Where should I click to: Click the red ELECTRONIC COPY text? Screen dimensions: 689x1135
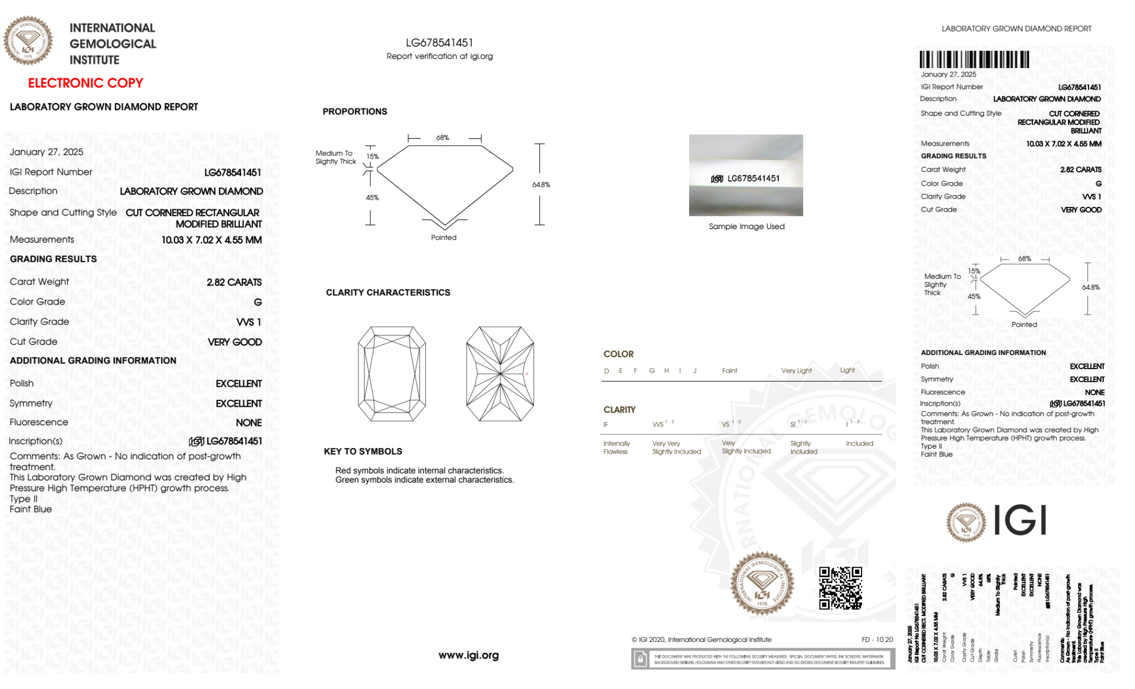86,83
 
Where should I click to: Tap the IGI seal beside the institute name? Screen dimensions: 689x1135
28,41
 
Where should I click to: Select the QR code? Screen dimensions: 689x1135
841,588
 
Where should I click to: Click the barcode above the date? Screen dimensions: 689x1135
974,60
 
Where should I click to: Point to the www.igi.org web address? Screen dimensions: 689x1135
469,655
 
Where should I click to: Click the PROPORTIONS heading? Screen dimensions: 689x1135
355,112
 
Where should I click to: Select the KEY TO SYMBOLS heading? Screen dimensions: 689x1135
362,451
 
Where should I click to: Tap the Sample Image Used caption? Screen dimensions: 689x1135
746,226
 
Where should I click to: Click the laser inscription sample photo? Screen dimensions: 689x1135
746,175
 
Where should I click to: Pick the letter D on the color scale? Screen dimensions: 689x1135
606,371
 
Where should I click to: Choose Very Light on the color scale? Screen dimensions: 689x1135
796,371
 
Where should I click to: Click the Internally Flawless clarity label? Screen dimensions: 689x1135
616,447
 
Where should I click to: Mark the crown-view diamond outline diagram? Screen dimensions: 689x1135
392,374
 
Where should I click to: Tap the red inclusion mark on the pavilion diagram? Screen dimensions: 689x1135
526,374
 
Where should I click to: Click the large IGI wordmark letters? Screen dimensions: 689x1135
1020,521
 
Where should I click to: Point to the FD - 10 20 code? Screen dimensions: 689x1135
877,640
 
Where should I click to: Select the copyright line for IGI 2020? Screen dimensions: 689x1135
702,640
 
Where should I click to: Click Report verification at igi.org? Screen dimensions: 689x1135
440,56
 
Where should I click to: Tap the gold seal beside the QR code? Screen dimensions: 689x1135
762,583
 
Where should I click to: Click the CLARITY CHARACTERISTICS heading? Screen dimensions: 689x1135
388,293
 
